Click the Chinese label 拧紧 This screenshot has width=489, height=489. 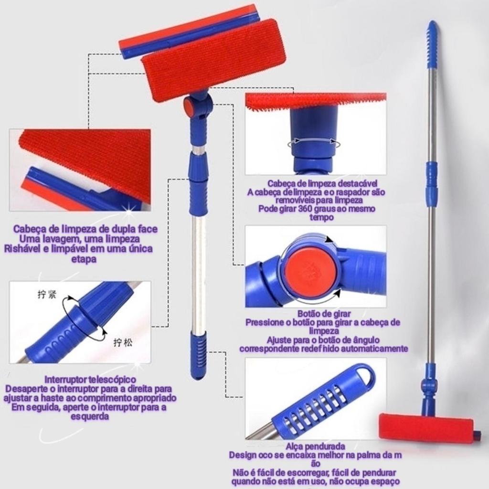[x=47, y=294]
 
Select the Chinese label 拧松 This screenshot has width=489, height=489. [x=122, y=343]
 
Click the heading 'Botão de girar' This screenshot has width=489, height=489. [x=324, y=314]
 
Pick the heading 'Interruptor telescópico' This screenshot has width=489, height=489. [x=90, y=380]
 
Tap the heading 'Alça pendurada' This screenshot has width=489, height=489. [x=315, y=446]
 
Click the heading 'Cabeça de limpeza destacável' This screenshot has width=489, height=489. [x=322, y=183]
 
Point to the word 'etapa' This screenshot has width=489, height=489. [x=84, y=259]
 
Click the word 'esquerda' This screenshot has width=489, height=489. [x=90, y=416]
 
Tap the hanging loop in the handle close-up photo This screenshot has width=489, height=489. [x=363, y=374]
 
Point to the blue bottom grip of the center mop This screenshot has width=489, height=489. [x=198, y=355]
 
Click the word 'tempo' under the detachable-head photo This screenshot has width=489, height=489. [x=322, y=217]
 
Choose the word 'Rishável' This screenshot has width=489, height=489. [x=22, y=249]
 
